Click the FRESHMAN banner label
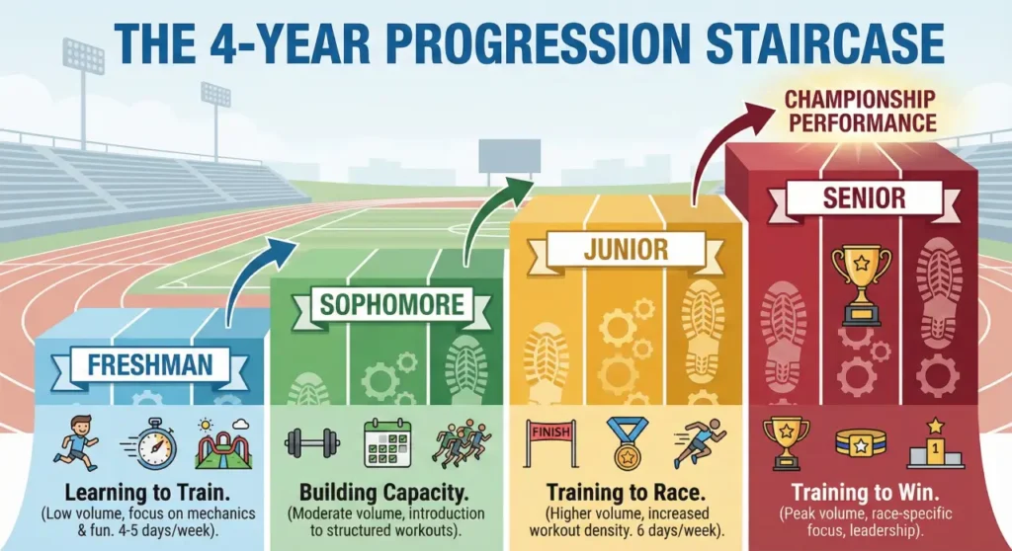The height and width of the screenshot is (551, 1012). (149, 364)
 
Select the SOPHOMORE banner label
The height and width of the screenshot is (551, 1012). (390, 302)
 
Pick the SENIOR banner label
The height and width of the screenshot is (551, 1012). (863, 198)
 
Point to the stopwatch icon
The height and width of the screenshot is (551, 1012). (149, 444)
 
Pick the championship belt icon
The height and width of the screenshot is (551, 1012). (861, 442)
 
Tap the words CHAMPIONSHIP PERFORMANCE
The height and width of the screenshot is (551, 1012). (861, 113)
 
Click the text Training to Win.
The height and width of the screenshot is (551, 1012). (863, 491)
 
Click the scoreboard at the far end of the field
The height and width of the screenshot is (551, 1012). (509, 155)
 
